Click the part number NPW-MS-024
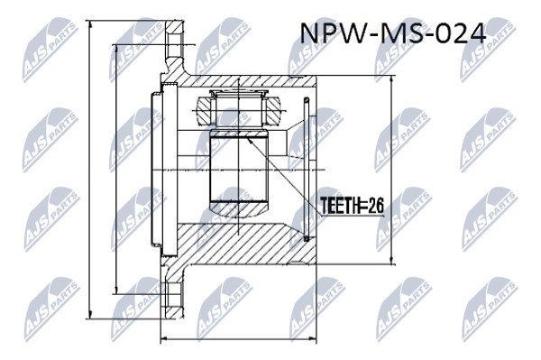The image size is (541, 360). coord(393,33)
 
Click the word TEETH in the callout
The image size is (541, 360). coord(340,207)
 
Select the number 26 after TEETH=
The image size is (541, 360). coord(376,207)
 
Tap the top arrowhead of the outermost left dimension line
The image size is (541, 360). coord(90,26)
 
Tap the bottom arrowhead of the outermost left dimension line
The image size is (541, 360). coord(90,313)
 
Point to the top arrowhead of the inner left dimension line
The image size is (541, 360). coord(117,50)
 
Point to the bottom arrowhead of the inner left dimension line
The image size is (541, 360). coord(117,289)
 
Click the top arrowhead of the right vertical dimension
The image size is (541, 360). coord(391,81)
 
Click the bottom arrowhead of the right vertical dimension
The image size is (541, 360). coord(391,259)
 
